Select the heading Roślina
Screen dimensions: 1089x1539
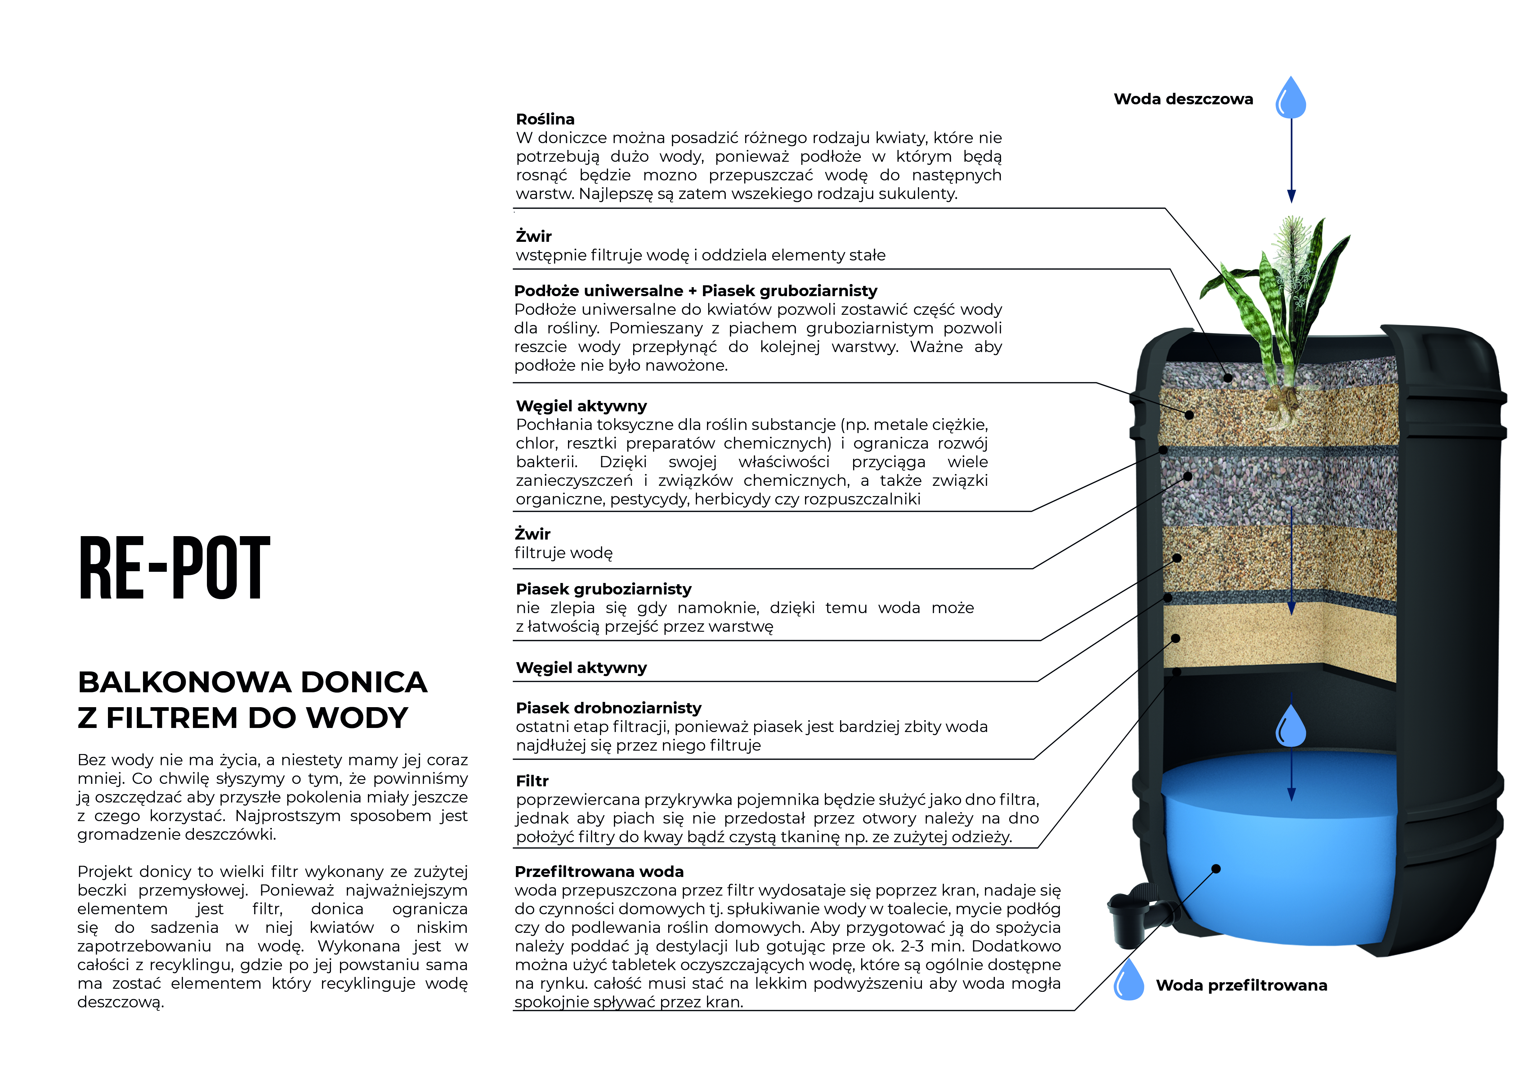coord(545,119)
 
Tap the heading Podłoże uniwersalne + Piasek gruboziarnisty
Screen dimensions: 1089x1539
coord(695,291)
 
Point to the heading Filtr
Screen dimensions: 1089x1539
coord(532,781)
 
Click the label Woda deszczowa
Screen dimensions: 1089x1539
coord(1183,99)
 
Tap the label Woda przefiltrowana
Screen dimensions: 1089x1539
coord(1241,986)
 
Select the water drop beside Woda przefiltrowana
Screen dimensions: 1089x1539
coord(1129,980)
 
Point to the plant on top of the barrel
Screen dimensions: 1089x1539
coord(1280,302)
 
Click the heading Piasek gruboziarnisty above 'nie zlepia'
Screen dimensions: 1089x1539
coord(603,590)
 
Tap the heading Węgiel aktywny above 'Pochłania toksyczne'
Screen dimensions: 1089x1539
coord(581,406)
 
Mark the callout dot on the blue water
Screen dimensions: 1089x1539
coord(1216,869)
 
